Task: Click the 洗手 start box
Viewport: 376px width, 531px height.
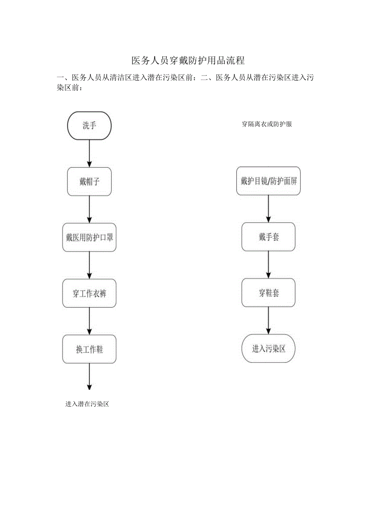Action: [x=90, y=125]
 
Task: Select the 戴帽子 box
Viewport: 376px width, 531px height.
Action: [x=90, y=182]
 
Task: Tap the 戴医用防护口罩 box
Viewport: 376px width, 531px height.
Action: [x=90, y=238]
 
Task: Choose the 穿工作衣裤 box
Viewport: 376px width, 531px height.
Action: [x=90, y=293]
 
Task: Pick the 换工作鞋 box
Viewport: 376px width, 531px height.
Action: [x=90, y=349]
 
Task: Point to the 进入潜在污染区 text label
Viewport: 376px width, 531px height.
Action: [x=87, y=404]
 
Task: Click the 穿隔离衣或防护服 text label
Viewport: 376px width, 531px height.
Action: [x=267, y=124]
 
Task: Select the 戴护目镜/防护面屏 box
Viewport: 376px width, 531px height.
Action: [x=269, y=181]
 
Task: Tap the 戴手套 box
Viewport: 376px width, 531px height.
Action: [x=269, y=237]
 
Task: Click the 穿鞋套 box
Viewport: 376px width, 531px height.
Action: [x=269, y=293]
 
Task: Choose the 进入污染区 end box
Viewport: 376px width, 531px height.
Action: [x=269, y=349]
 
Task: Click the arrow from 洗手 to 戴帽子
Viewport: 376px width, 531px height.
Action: [x=90, y=154]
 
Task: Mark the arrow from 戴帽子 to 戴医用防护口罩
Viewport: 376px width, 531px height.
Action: [x=90, y=209]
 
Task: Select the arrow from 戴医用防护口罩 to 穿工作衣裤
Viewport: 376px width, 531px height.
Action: [x=90, y=265]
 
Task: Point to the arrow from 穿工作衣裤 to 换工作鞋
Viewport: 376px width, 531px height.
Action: [x=90, y=321]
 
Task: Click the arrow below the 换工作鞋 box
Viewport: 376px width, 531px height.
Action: [x=90, y=377]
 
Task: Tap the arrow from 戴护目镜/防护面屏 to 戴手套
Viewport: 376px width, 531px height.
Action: [x=269, y=209]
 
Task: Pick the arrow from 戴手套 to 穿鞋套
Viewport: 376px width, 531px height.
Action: [x=269, y=264]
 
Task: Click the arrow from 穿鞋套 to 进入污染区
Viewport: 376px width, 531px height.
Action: [x=269, y=320]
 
